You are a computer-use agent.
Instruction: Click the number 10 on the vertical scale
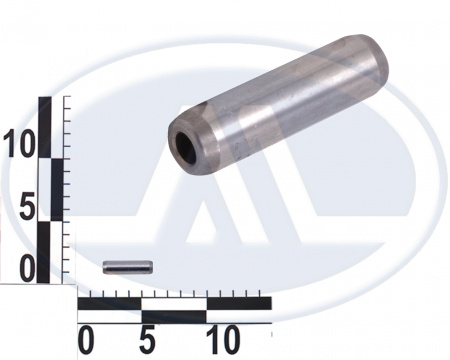[19, 144]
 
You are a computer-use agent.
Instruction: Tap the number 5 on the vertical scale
[27, 207]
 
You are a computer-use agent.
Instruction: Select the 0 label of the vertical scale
[27, 269]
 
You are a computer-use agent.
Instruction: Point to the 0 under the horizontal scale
[86, 340]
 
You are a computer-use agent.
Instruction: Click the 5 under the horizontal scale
[148, 340]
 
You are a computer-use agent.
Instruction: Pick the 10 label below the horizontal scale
[223, 340]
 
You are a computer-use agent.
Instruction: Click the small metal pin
[128, 267]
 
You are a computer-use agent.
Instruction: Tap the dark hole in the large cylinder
[185, 147]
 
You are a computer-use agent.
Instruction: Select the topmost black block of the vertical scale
[45, 127]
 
